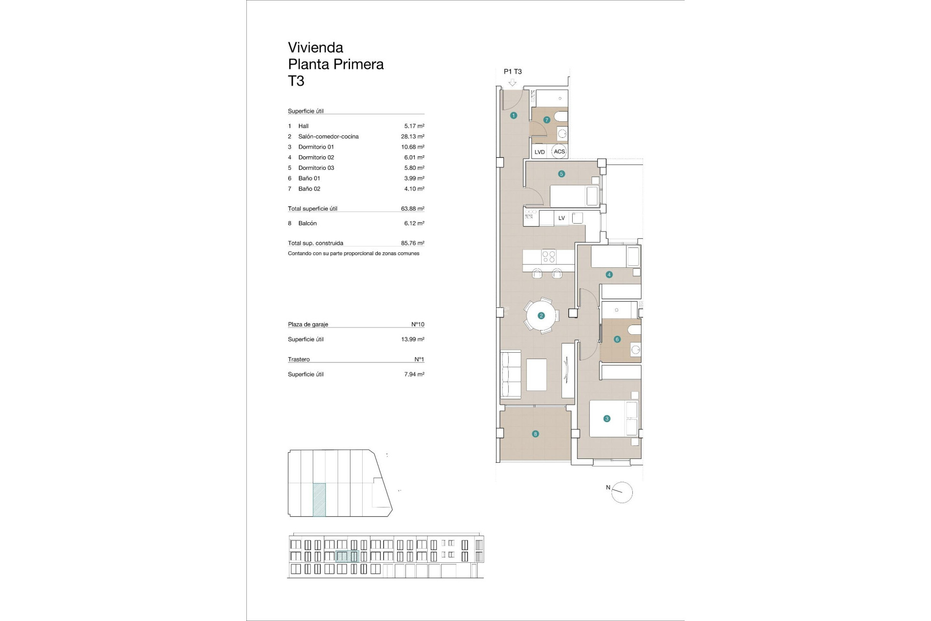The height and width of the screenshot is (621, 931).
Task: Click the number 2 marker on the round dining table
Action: point(541,316)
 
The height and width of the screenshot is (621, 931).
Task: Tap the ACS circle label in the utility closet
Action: point(559,151)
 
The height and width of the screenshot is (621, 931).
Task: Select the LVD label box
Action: point(539,152)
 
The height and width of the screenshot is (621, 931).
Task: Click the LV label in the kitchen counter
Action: point(562,218)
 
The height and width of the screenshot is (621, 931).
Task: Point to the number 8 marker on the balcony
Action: point(535,434)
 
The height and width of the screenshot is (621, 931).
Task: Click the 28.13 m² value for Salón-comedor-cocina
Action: point(412,136)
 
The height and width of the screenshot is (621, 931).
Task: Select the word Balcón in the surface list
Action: point(307,223)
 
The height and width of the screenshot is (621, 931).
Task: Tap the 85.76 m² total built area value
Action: point(412,243)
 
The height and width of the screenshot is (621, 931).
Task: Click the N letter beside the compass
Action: point(608,488)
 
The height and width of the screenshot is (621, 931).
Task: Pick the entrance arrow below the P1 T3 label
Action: point(513,82)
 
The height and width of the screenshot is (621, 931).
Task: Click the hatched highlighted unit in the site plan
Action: point(319,499)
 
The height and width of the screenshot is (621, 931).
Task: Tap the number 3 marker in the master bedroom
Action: point(607,419)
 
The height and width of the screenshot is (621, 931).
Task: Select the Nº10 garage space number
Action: point(417,324)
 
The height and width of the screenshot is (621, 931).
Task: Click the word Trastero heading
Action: point(299,359)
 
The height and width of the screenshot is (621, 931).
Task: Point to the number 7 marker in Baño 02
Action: point(546,120)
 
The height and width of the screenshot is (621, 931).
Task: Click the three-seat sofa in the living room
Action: point(510,375)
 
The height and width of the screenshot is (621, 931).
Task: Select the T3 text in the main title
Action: point(296,81)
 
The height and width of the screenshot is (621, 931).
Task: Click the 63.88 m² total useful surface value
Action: point(412,209)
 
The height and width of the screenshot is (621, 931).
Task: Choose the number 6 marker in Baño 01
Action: point(617,340)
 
